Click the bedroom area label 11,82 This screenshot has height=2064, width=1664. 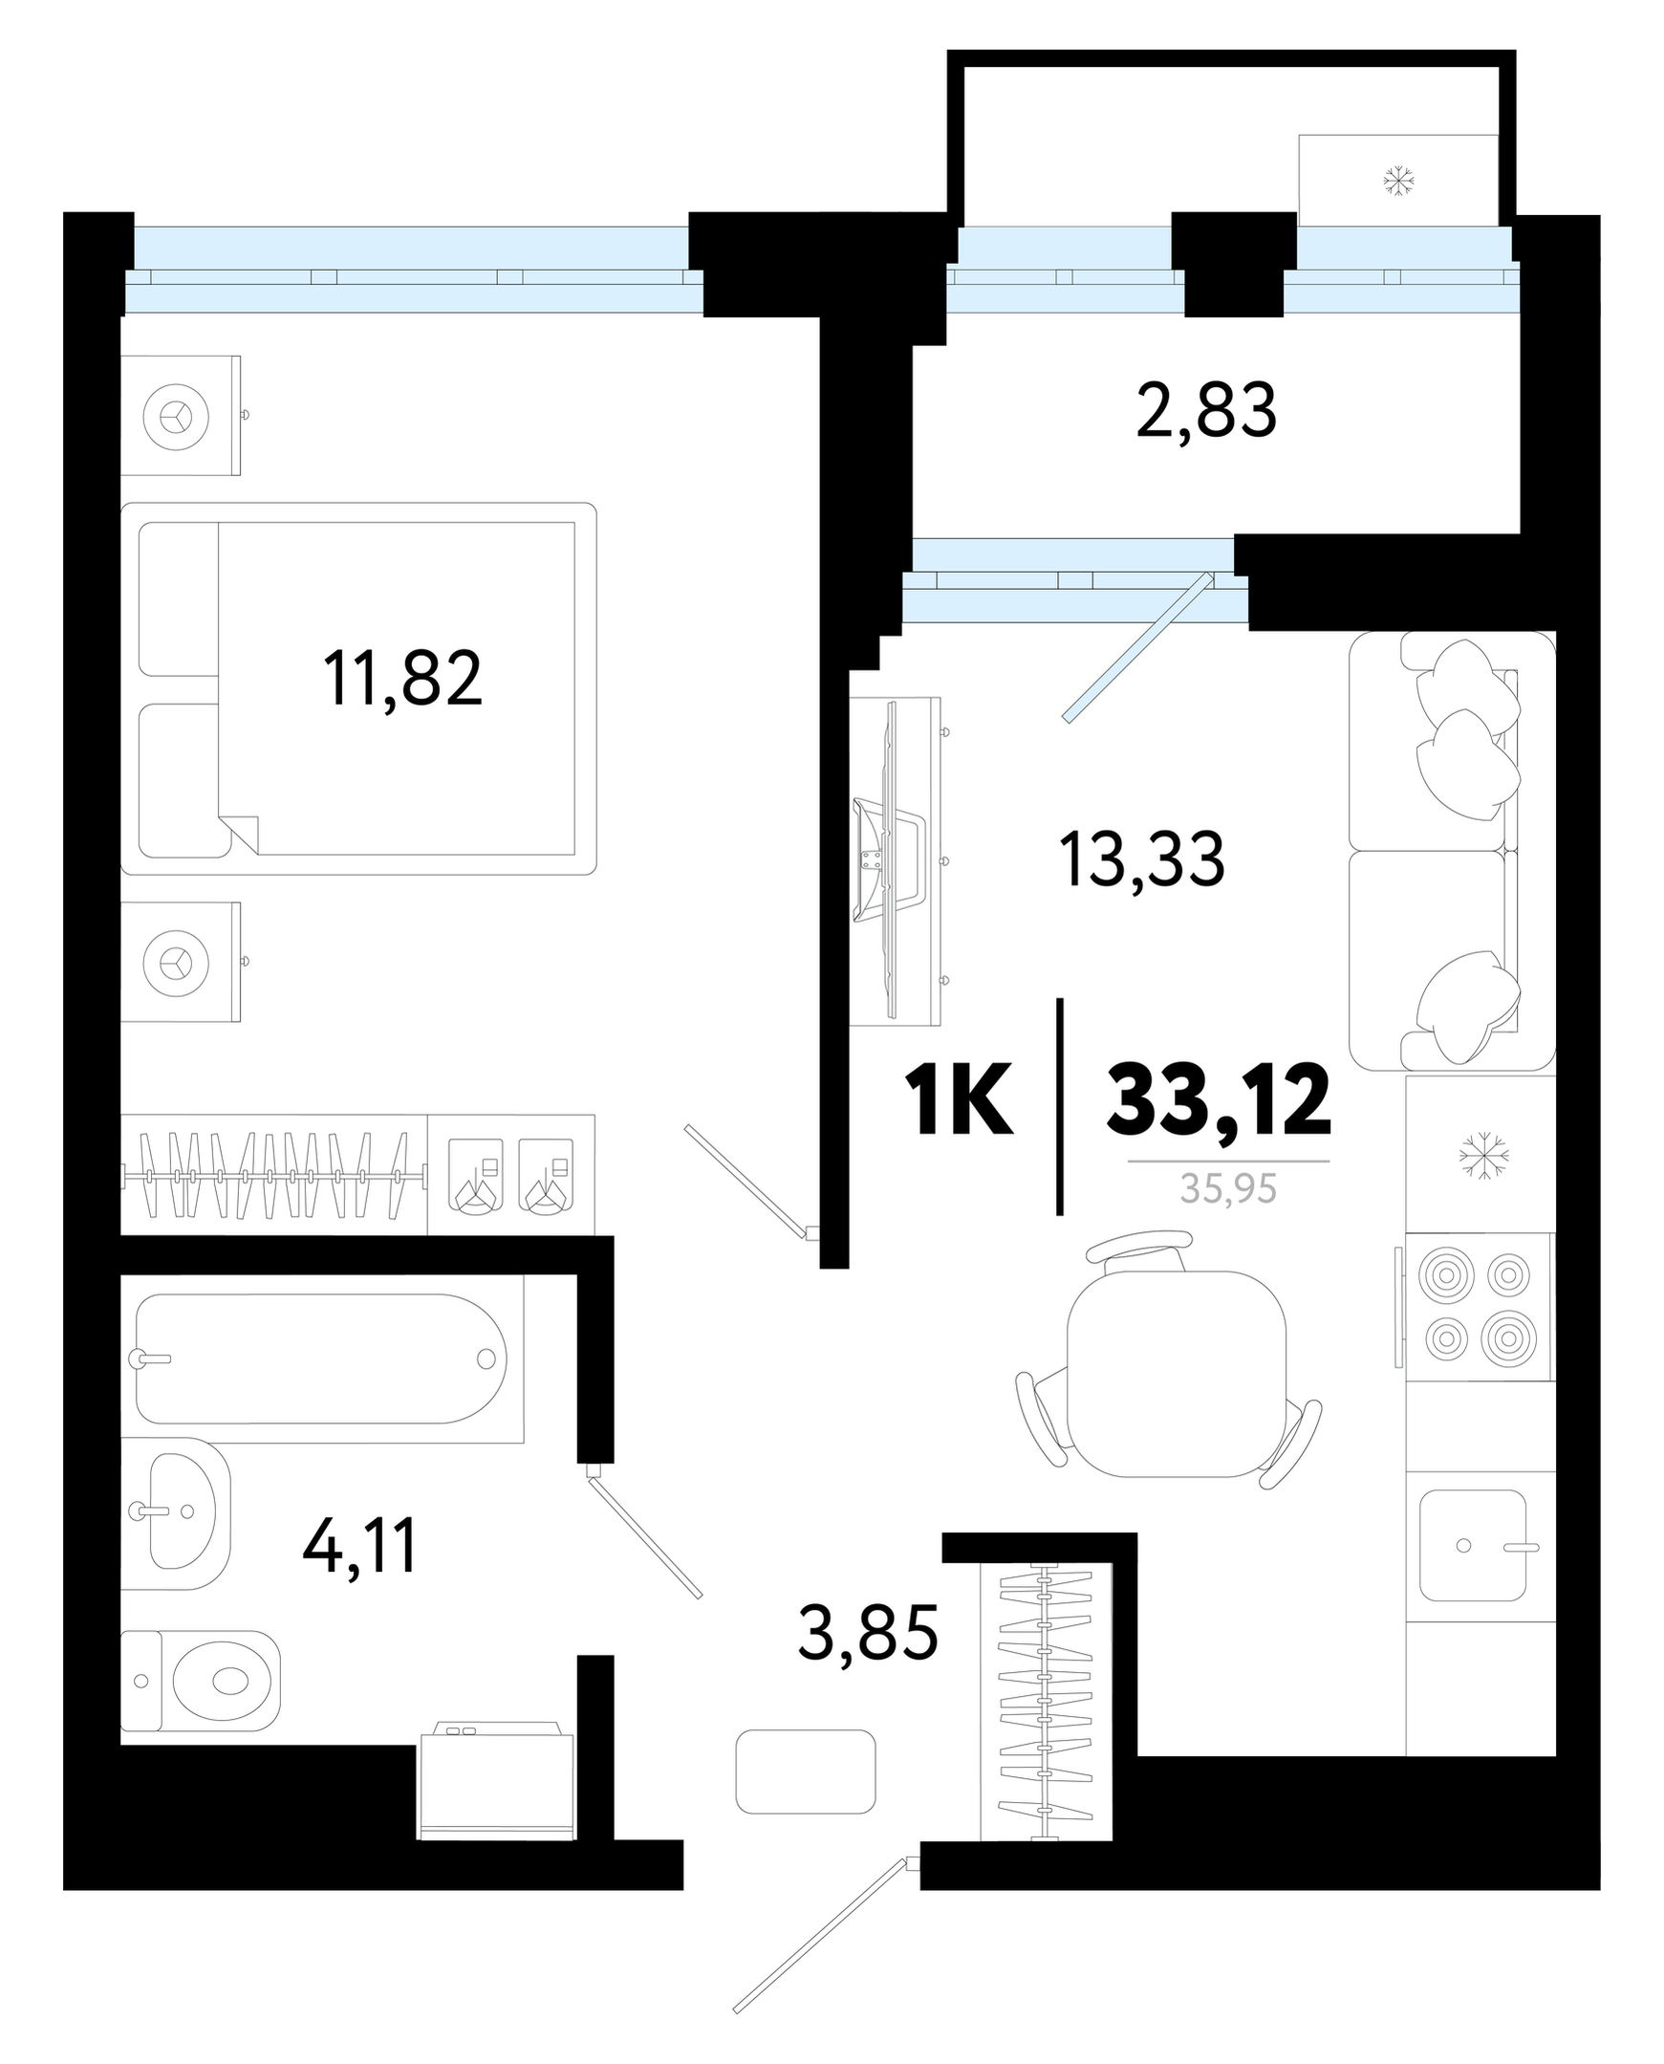pyautogui.click(x=402, y=680)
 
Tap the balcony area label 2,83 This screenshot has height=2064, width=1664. pyautogui.click(x=1206, y=411)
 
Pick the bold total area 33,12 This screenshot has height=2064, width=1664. pyautogui.click(x=1219, y=1099)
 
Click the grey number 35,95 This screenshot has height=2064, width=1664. pyautogui.click(x=1228, y=1188)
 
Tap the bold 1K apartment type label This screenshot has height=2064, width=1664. pyautogui.click(x=958, y=1100)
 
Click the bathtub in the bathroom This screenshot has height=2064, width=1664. pyautogui.click(x=321, y=1358)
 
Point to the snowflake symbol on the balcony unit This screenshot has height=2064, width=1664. pyautogui.click(x=1398, y=181)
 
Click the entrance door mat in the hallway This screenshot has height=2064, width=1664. pyautogui.click(x=805, y=1771)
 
